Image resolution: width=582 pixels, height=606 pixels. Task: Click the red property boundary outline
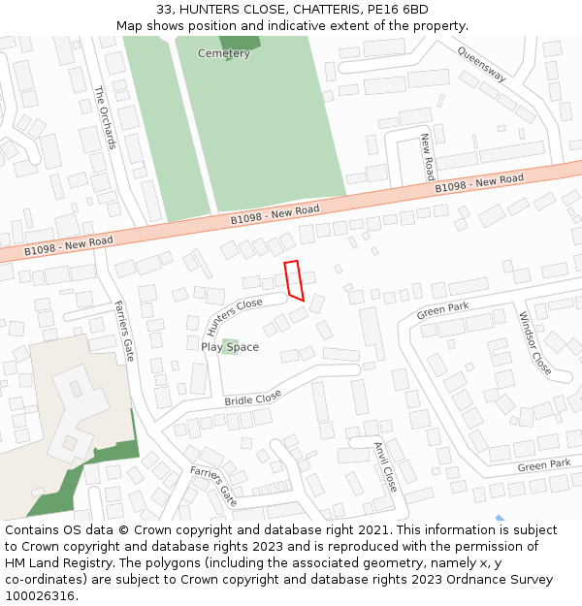[x=294, y=280]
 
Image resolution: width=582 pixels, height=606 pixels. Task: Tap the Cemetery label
[x=223, y=53]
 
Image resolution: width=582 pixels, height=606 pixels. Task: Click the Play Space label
[x=230, y=347]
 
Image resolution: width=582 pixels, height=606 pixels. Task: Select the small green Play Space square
[x=230, y=345]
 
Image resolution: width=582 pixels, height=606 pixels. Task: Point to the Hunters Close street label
[x=235, y=316]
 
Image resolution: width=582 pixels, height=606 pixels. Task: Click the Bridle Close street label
[x=253, y=398]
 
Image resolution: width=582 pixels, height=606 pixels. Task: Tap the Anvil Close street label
[x=385, y=466]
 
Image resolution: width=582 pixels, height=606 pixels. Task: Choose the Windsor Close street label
[x=534, y=343]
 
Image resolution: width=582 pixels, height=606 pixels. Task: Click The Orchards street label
[x=105, y=117]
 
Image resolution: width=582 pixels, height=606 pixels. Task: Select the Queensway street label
[x=481, y=65]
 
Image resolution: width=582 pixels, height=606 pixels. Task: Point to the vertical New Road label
[x=427, y=157]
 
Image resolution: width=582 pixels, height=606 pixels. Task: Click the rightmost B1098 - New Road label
[x=479, y=183]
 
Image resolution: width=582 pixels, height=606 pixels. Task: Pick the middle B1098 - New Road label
[x=275, y=214]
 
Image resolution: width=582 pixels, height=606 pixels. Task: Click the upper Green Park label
[x=442, y=311]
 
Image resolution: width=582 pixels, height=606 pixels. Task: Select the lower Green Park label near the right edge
[x=543, y=465]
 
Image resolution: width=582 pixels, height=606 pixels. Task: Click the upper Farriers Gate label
[x=125, y=330]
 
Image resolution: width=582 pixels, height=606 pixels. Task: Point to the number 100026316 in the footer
[x=39, y=596]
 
